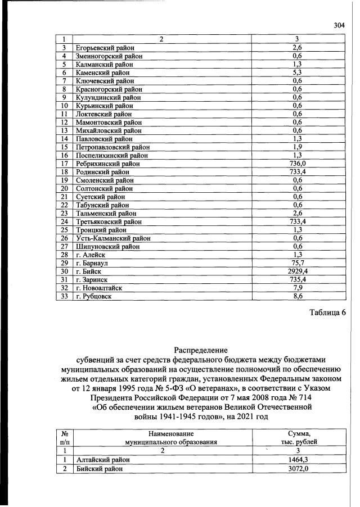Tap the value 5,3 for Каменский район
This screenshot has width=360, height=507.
[298, 73]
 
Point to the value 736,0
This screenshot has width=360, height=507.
[298, 164]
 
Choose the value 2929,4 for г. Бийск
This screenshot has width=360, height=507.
[298, 271]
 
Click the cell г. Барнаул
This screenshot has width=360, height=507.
[92, 262]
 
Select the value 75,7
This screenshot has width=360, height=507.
[298, 262]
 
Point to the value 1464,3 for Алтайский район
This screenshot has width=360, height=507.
[298, 459]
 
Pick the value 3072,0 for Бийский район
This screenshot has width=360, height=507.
[298, 468]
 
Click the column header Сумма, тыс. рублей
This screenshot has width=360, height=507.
[298, 438]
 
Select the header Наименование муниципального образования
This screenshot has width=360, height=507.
[163, 438]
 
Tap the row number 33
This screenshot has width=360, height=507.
[64, 296]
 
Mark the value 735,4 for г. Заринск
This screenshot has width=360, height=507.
[298, 279]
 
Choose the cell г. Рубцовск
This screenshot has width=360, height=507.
[93, 296]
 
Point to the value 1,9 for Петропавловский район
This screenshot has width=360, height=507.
[298, 147]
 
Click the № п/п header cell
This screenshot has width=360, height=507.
[64, 438]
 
